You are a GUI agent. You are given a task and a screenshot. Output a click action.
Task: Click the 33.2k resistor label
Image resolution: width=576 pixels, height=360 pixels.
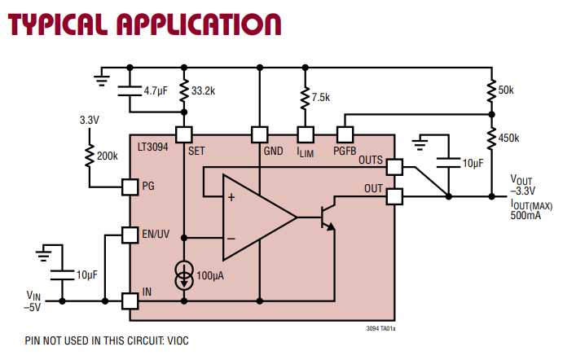[x=203, y=92]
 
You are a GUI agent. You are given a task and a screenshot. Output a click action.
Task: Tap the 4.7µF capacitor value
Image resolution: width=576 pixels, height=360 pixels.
[x=156, y=92]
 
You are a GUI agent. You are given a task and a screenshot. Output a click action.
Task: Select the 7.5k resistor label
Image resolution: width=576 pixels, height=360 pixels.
[x=321, y=97]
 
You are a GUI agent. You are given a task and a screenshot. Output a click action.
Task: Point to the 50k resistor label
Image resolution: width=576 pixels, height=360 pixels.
[x=507, y=90]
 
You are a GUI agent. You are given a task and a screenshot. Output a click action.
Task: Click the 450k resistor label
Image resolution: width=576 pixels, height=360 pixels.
[x=508, y=138]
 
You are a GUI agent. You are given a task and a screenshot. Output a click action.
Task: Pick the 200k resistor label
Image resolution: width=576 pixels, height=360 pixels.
[x=106, y=155]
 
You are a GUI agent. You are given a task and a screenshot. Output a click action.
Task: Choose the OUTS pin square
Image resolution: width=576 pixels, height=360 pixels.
[x=394, y=167]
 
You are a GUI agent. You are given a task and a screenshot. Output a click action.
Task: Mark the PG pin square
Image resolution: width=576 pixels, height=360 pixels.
[x=130, y=187]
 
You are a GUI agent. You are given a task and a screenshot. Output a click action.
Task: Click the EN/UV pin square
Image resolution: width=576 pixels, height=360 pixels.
[x=130, y=235]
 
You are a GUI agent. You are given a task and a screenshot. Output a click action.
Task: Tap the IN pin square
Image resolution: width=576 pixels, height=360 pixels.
[x=130, y=301]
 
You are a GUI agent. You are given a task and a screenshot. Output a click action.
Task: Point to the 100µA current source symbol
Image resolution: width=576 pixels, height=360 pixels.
[x=184, y=275]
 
